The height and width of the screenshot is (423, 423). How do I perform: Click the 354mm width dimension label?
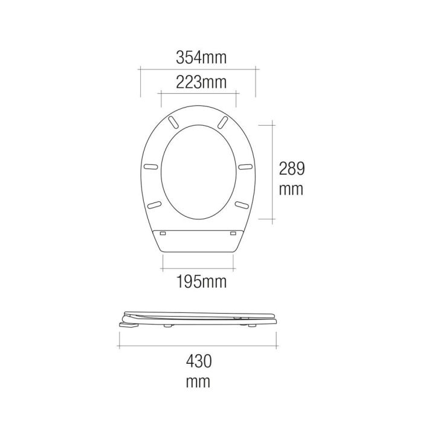[201, 58]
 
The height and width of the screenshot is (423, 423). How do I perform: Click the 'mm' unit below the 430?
[199, 382]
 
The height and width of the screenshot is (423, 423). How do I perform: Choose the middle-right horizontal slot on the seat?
[245, 167]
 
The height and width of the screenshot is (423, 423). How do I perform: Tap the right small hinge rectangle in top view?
[233, 231]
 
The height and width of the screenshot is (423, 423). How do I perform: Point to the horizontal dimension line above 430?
[199, 346]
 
